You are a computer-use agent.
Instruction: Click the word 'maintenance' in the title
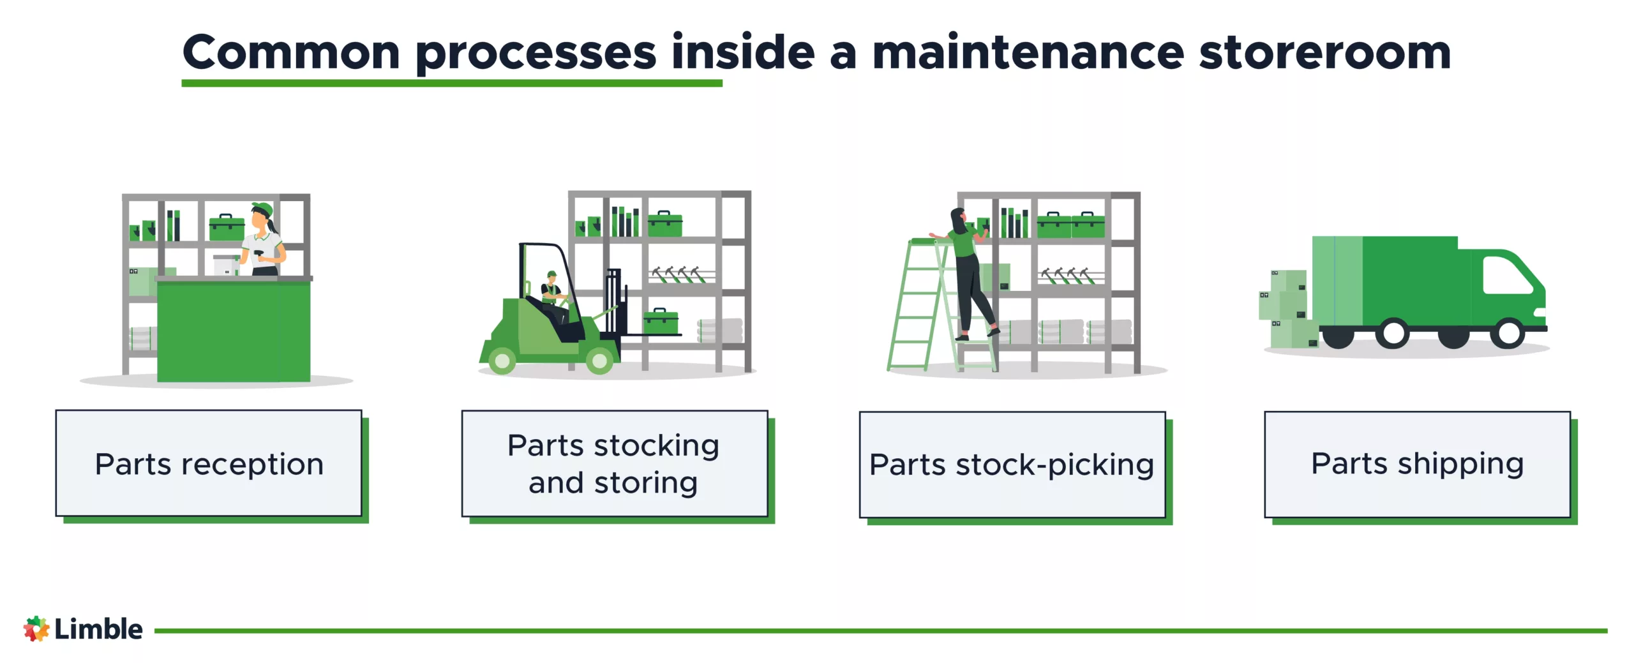tap(1028, 52)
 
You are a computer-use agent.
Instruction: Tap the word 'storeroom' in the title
tap(1324, 52)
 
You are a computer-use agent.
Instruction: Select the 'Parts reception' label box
tap(209, 464)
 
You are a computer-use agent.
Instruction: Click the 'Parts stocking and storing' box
tap(614, 464)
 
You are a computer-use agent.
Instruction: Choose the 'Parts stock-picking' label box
tap(1012, 465)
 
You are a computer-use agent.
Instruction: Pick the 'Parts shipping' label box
tap(1417, 464)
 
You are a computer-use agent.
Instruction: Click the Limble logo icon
tap(36, 629)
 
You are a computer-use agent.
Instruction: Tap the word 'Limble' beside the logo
tap(98, 629)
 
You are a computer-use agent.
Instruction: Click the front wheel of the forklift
tap(599, 361)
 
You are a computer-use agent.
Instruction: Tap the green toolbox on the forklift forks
tap(661, 322)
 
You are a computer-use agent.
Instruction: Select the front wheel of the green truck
tap(1509, 332)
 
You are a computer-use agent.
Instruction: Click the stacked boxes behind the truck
tap(1286, 309)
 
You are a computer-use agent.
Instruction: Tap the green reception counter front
tap(233, 332)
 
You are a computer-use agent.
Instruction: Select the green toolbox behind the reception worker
tap(227, 228)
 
